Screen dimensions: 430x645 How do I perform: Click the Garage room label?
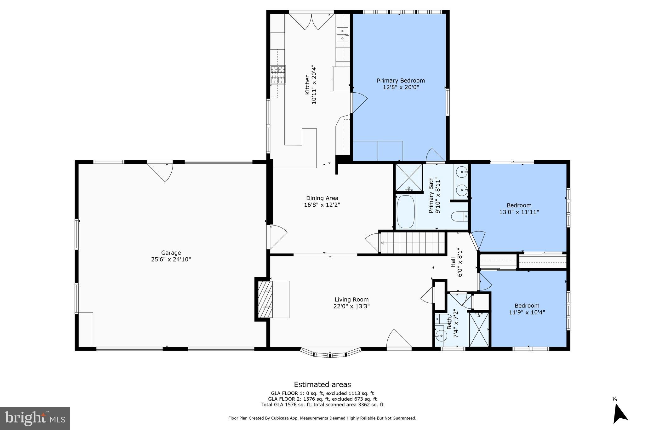(171, 253)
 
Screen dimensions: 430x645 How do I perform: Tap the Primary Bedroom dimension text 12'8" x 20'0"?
(401, 87)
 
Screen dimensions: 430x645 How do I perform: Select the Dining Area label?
(322, 198)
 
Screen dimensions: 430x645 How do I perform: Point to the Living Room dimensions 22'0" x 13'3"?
(351, 306)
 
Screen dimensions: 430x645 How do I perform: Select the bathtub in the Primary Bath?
(405, 212)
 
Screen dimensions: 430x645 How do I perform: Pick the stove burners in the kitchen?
(278, 75)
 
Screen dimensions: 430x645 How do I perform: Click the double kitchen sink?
(342, 35)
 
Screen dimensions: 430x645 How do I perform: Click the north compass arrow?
(619, 414)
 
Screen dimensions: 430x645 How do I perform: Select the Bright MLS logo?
(35, 418)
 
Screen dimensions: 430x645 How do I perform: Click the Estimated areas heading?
(322, 384)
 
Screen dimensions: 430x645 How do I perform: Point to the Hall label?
(453, 262)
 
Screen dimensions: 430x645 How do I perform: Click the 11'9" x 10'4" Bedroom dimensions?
(527, 312)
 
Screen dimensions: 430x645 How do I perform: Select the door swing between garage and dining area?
(277, 237)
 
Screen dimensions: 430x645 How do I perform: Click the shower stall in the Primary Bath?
(409, 178)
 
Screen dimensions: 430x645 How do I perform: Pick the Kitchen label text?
(307, 84)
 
